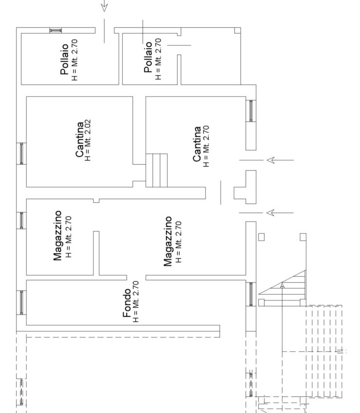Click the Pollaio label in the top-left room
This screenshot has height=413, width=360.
(65, 59)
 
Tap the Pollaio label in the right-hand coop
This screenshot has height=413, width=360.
(148, 57)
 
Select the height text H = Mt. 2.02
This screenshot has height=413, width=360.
(88, 140)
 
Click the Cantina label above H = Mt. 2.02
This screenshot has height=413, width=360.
(80, 139)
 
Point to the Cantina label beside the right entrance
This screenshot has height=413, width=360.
(197, 144)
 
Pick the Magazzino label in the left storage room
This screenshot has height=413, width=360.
(57, 235)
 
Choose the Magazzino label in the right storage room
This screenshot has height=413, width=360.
(168, 241)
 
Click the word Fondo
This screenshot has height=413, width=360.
(127, 303)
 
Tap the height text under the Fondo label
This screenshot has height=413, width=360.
(135, 301)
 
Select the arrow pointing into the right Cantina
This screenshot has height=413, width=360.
(266, 160)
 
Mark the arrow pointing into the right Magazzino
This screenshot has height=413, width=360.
(266, 213)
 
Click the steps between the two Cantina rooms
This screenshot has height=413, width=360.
(156, 170)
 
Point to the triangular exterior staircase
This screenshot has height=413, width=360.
(282, 288)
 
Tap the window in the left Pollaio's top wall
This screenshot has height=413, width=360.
(56, 30)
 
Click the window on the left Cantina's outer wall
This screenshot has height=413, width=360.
(21, 153)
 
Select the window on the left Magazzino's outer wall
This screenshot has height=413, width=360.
(21, 221)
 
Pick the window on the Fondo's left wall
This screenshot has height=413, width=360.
(21, 302)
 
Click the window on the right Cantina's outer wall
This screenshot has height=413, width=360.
(251, 111)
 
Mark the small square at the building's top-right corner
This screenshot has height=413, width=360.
(237, 31)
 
